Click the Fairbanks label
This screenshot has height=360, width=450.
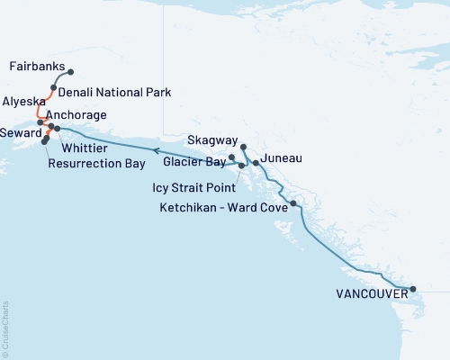[34, 67]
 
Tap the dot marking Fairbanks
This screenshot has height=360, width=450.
[71, 72]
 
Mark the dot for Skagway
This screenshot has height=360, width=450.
[244, 146]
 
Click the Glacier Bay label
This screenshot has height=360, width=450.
[195, 162]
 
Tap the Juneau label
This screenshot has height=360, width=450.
[280, 159]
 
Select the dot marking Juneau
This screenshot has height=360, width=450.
[256, 163]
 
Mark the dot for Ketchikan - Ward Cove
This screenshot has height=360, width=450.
[294, 204]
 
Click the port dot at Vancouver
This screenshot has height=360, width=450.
[413, 290]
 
